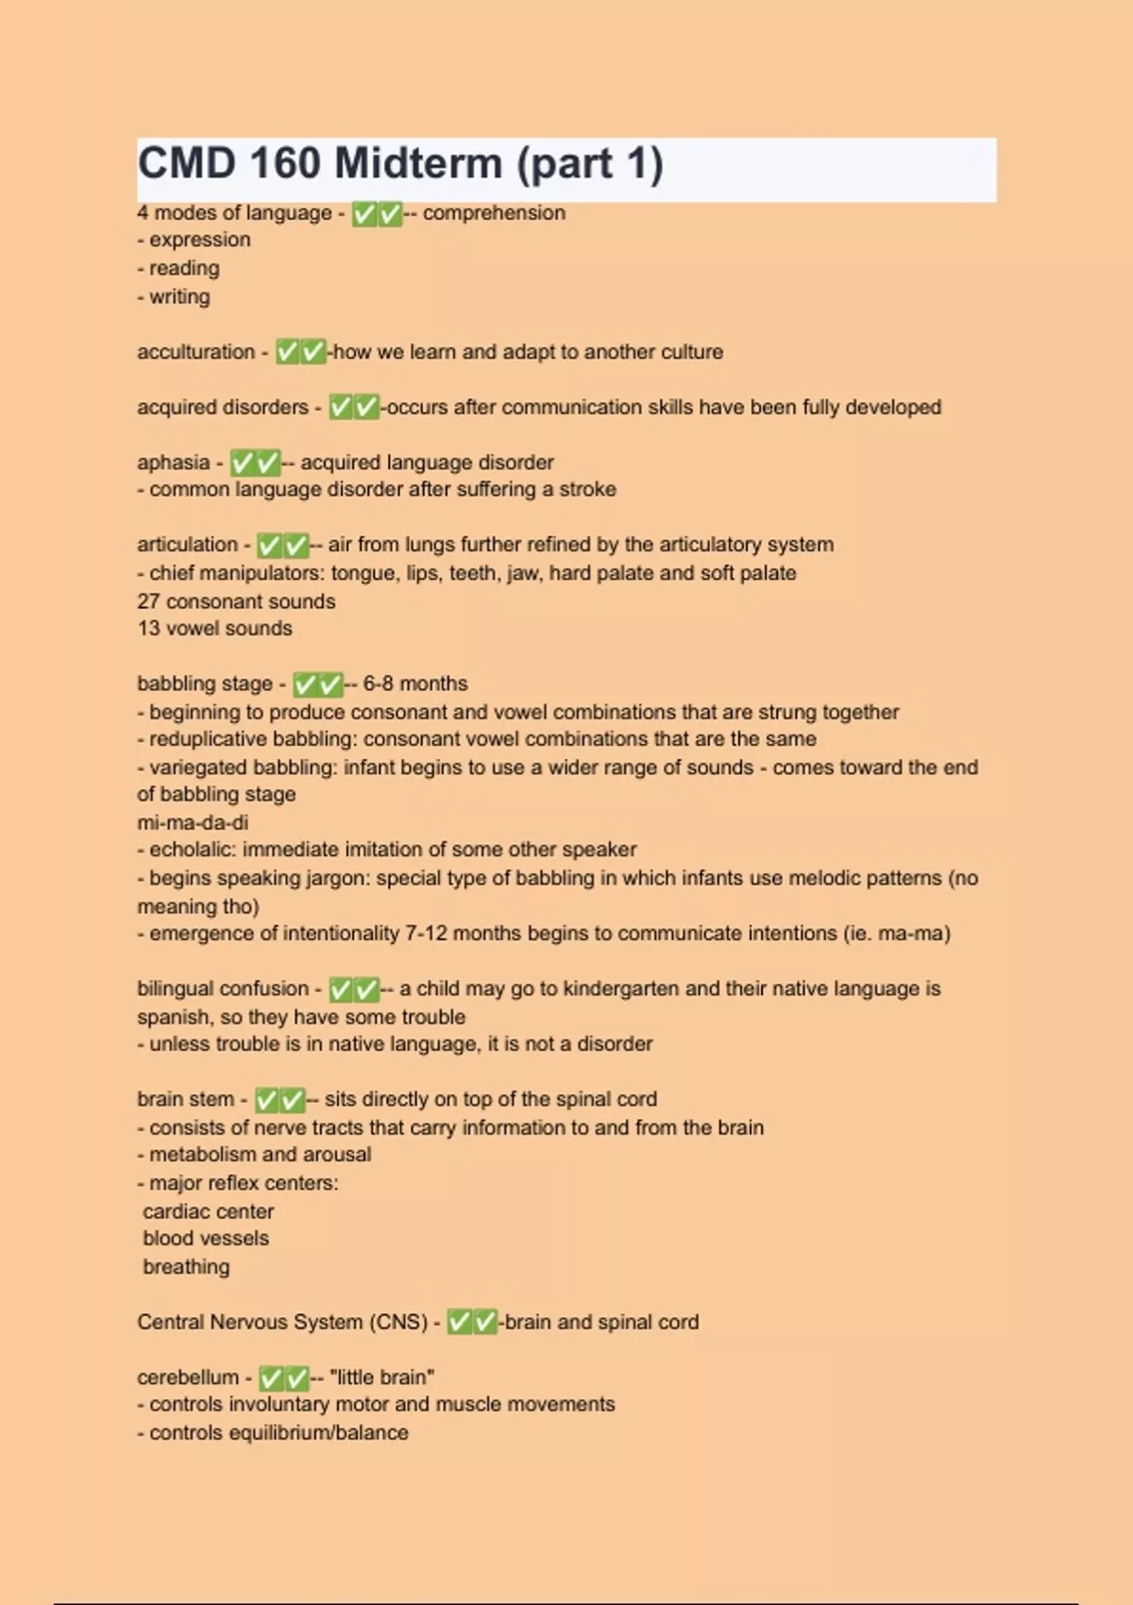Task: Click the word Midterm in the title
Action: pyautogui.click(x=417, y=164)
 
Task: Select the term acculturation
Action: pyautogui.click(x=195, y=352)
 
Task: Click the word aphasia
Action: pyautogui.click(x=173, y=463)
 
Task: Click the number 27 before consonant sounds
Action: pyautogui.click(x=148, y=601)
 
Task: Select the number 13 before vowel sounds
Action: pyautogui.click(x=148, y=629)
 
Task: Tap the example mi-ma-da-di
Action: pyautogui.click(x=193, y=822)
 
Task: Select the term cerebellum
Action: pyautogui.click(x=188, y=1377)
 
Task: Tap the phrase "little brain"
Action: pyautogui.click(x=381, y=1377)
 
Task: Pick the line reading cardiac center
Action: pyautogui.click(x=208, y=1211)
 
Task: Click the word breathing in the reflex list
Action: pyautogui.click(x=186, y=1267)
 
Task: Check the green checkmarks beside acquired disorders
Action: pyautogui.click(x=354, y=408)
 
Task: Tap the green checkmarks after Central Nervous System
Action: pyautogui.click(x=472, y=1322)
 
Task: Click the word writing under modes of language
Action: pyautogui.click(x=179, y=296)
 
